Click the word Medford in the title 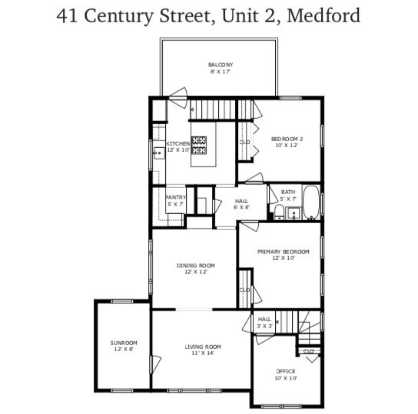(x=322, y=15)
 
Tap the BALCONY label (x=221, y=64)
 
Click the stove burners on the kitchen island (x=200, y=142)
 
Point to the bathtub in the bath (x=311, y=203)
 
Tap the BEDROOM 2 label (x=287, y=139)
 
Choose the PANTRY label (x=176, y=197)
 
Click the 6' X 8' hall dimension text (x=241, y=207)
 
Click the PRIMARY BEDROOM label (x=283, y=251)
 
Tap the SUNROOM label (x=123, y=343)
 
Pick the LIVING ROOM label (x=203, y=347)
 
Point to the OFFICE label (x=286, y=371)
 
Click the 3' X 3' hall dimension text (x=264, y=326)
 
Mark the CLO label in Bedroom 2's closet (x=244, y=142)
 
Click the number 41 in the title (x=69, y=15)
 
